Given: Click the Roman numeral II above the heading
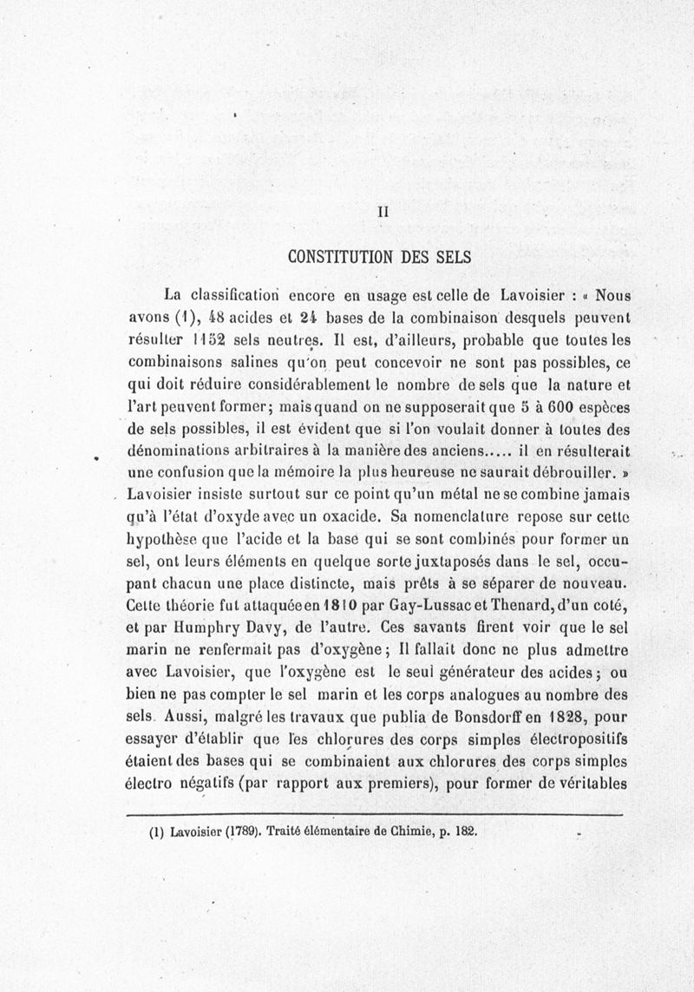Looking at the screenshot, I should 383,211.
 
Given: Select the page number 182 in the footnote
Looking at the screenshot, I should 466,831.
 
